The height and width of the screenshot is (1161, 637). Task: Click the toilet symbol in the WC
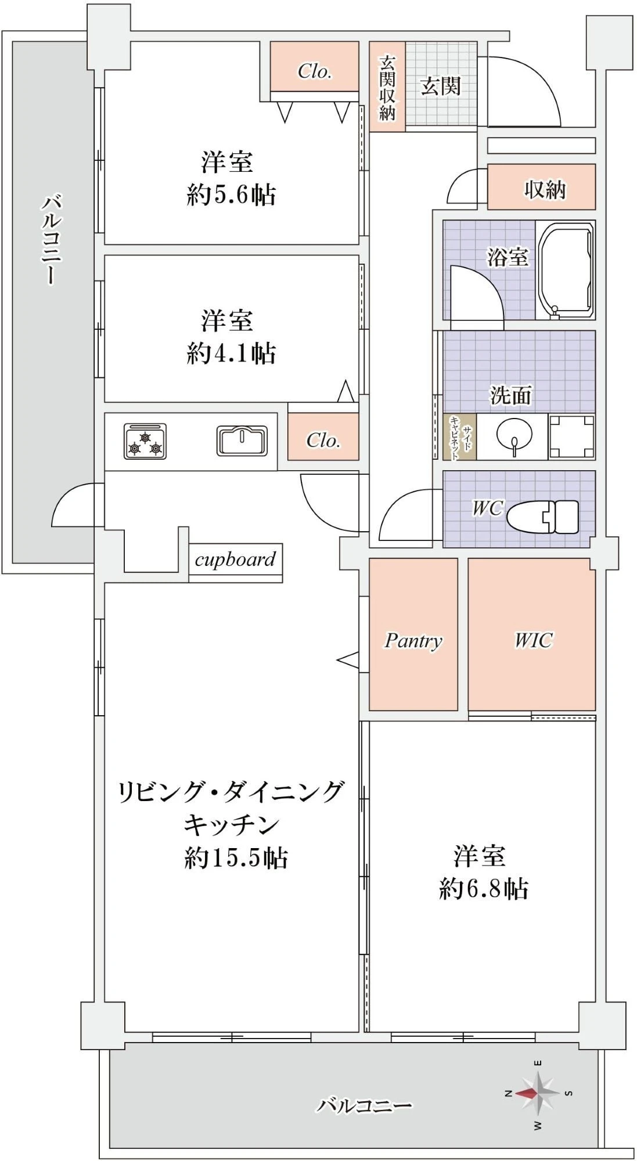click(x=543, y=516)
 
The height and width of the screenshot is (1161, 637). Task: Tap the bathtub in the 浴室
click(x=566, y=271)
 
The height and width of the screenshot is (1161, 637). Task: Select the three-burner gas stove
click(x=145, y=441)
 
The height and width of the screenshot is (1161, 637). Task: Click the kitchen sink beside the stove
click(x=242, y=441)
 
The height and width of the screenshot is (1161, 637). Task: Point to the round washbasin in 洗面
click(x=513, y=435)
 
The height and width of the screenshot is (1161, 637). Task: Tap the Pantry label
click(x=413, y=640)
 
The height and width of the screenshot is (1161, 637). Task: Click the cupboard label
click(x=235, y=560)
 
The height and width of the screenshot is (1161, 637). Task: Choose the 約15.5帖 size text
click(x=236, y=857)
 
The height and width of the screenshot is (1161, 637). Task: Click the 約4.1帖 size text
click(x=231, y=353)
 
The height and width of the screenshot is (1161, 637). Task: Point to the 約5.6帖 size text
click(x=231, y=194)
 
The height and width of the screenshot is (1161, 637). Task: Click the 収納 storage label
click(x=544, y=189)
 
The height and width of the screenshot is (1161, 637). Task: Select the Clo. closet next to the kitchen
click(x=323, y=439)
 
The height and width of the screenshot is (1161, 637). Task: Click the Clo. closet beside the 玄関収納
click(x=314, y=70)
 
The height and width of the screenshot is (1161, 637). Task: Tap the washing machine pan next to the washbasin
click(x=571, y=437)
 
